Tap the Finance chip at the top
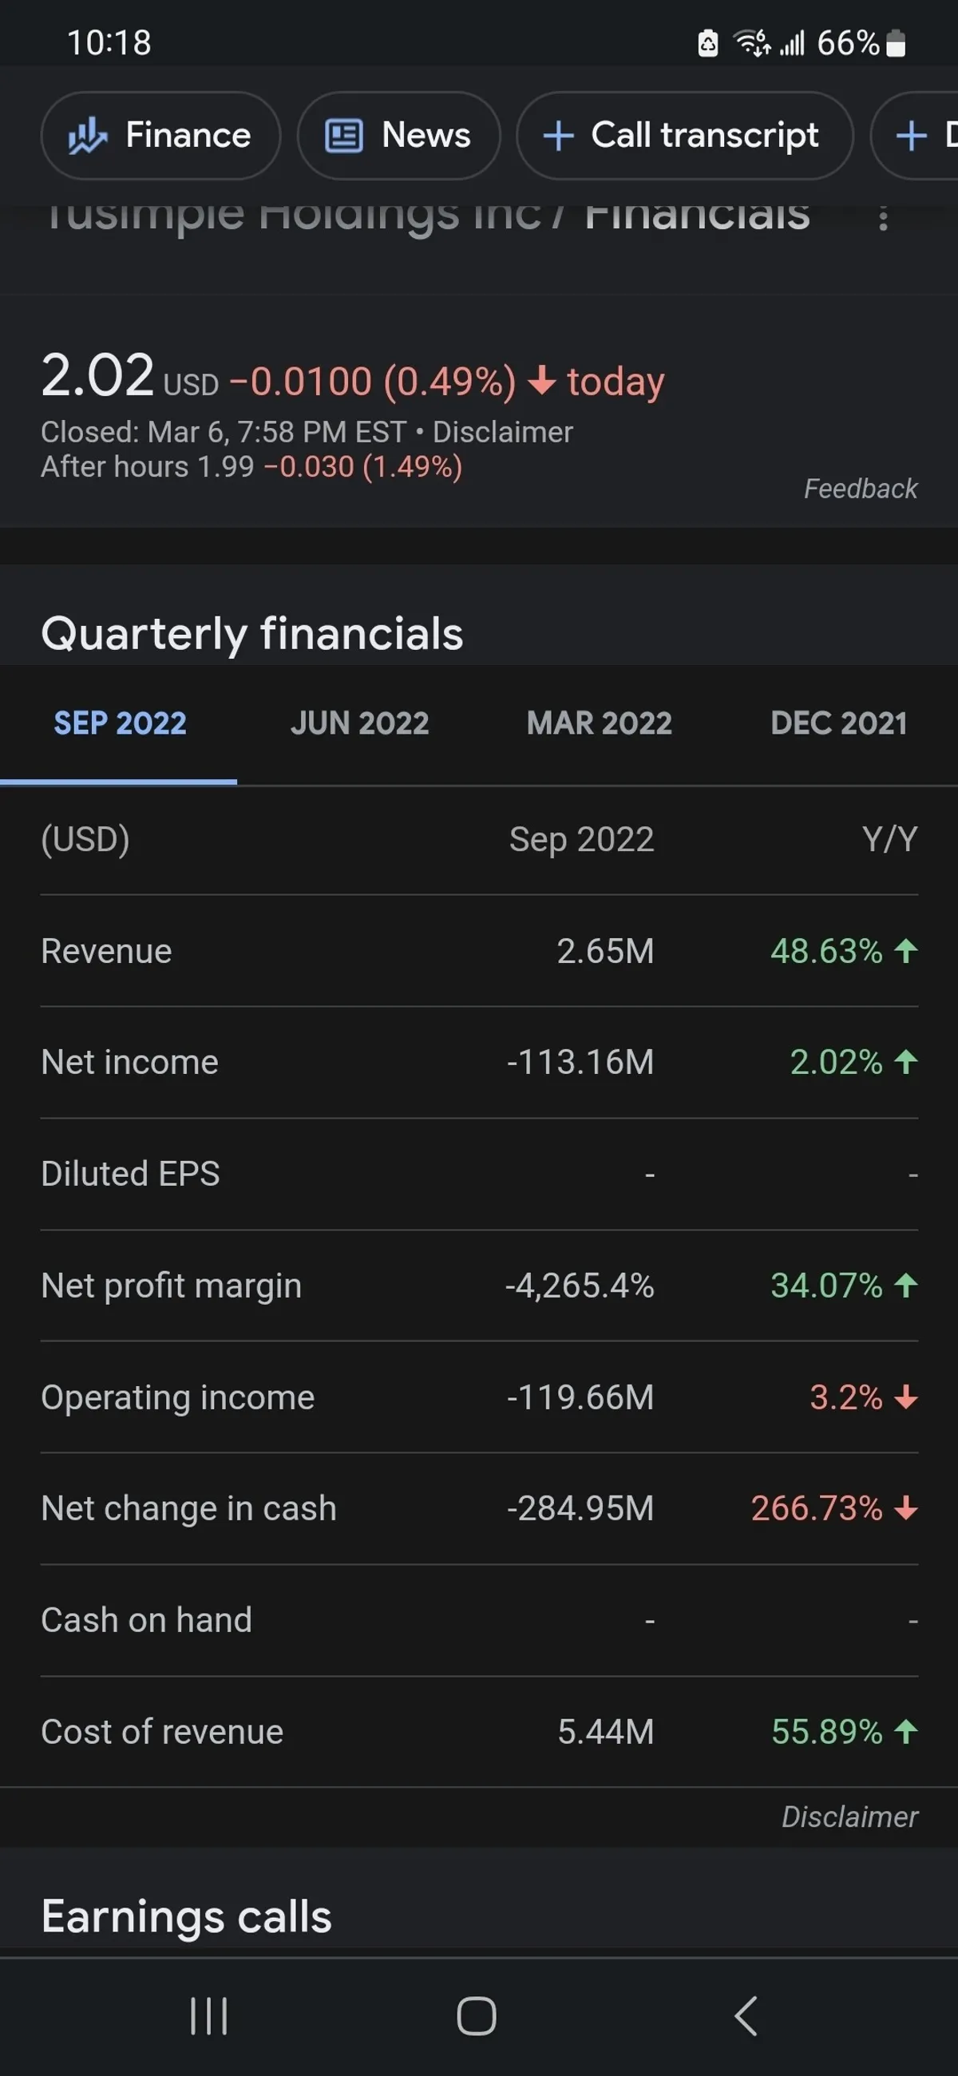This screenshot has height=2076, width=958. (x=160, y=136)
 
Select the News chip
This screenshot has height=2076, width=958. (x=398, y=136)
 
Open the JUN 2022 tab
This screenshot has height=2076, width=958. (x=359, y=723)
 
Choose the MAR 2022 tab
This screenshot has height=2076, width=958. (x=599, y=723)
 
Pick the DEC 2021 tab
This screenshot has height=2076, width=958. (x=838, y=723)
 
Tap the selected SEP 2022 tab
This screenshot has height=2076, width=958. (x=120, y=723)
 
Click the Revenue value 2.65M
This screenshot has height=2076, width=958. (x=605, y=951)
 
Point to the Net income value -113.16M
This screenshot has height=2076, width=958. (x=580, y=1062)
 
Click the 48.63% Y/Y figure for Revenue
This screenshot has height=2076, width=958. (x=826, y=951)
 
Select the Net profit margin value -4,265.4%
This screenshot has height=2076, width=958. (x=580, y=1286)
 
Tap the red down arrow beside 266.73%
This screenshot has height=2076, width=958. (x=906, y=1507)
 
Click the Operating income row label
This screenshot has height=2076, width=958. (x=177, y=1397)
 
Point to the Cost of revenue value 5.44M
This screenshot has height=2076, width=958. (x=605, y=1732)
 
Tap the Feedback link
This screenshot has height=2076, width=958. (x=860, y=489)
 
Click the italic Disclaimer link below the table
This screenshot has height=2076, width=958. (x=849, y=1816)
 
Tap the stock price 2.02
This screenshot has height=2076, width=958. (x=97, y=375)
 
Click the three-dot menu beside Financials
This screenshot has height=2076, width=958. (x=883, y=218)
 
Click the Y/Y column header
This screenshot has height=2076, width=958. (x=889, y=839)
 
